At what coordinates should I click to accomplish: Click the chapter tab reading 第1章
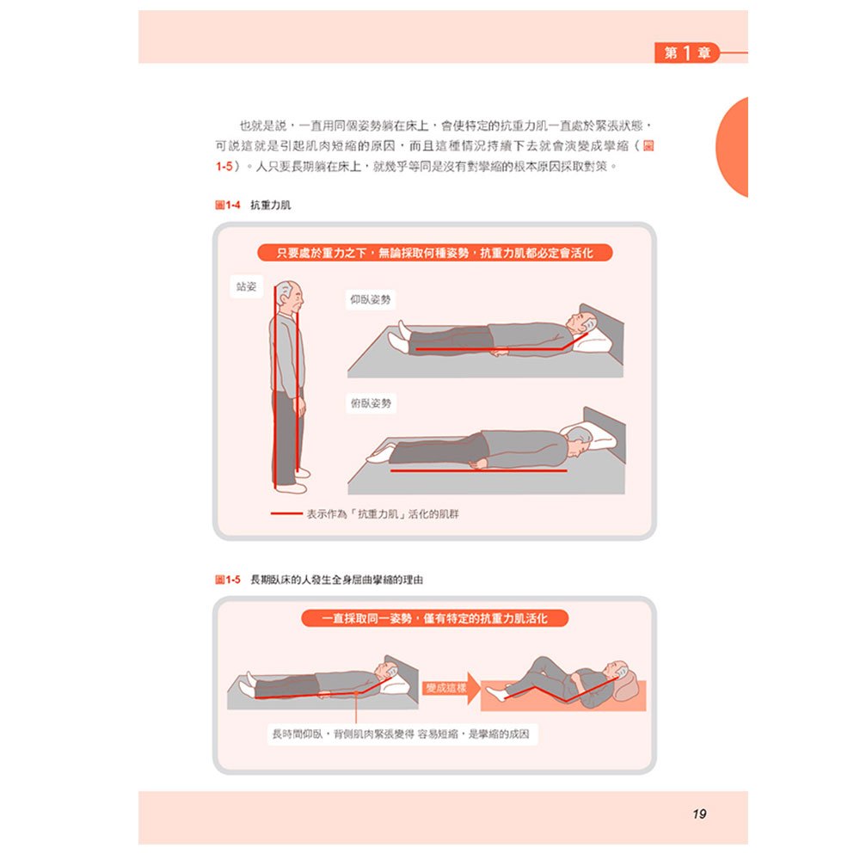[x=686, y=53]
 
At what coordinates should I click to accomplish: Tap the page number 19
[x=699, y=814]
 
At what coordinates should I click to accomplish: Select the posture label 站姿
[x=246, y=286]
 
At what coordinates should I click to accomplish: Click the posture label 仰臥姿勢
[x=371, y=299]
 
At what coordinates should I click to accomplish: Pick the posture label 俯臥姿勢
[x=371, y=403]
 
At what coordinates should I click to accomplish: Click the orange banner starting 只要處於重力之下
[x=434, y=253]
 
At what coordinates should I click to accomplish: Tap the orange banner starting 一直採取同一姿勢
[x=434, y=618]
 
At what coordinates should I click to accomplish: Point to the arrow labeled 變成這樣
[x=451, y=688]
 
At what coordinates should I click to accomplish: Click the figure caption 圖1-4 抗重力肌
[x=253, y=206]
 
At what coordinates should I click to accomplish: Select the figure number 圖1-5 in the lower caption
[x=228, y=580]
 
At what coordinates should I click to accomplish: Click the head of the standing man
[x=290, y=296]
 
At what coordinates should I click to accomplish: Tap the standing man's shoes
[x=292, y=481]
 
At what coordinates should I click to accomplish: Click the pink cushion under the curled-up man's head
[x=627, y=686]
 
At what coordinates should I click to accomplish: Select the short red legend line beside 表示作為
[x=286, y=514]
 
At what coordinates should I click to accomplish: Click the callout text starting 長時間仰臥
[x=402, y=734]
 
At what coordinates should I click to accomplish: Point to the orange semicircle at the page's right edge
[x=732, y=147]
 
